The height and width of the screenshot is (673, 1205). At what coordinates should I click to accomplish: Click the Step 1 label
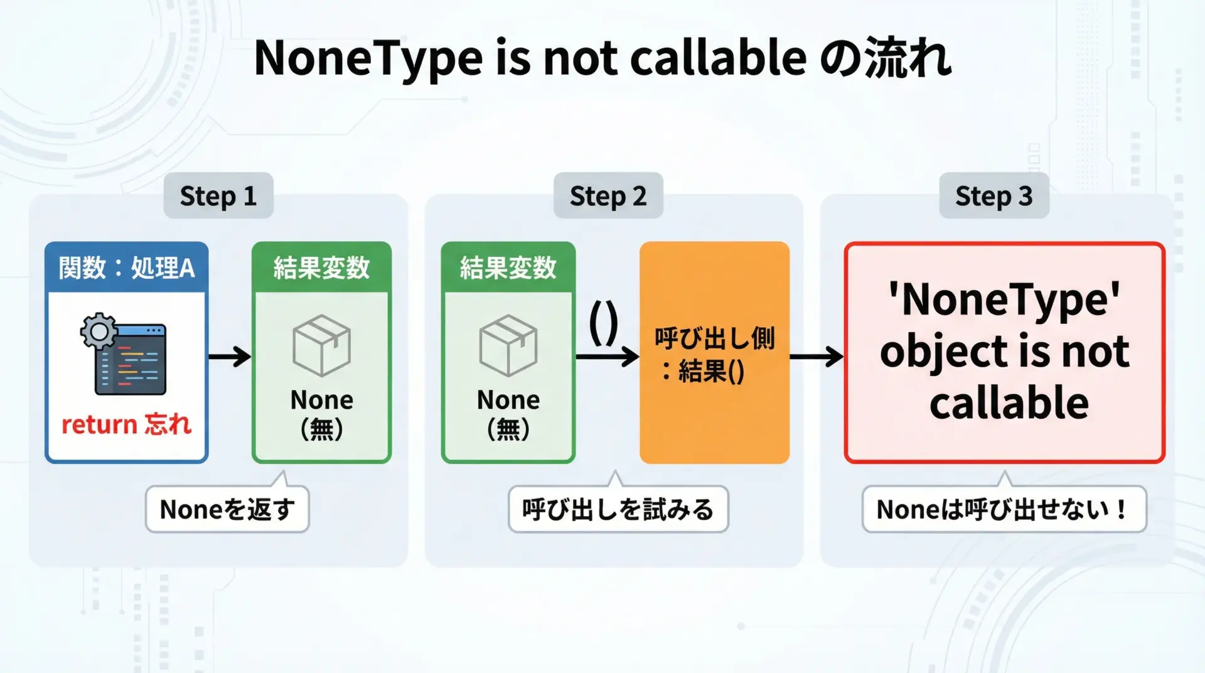218,196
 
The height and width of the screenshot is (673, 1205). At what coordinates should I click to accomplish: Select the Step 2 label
608,196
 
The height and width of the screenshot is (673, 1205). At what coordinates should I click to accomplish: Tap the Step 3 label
994,196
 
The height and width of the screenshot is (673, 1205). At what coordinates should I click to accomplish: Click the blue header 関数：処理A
127,268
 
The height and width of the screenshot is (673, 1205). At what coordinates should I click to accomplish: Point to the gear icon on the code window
99,331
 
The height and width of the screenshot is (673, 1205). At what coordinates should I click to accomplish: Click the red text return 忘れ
126,424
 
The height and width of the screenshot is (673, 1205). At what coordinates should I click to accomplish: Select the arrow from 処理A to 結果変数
230,357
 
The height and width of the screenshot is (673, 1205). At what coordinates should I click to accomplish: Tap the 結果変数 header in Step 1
322,268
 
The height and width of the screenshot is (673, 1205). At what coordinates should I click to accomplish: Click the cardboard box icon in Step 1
322,345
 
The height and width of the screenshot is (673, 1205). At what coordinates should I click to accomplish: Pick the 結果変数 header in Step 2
508,268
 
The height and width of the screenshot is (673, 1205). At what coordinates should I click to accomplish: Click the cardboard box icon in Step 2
508,345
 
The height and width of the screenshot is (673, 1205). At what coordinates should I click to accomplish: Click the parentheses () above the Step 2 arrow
604,324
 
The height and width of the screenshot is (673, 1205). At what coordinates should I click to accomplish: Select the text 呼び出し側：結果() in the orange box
714,355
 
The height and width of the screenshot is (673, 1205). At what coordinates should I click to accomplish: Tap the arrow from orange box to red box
817,357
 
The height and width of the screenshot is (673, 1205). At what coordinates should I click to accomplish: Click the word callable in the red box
1009,402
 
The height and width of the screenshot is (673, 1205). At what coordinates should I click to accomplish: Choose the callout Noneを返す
227,509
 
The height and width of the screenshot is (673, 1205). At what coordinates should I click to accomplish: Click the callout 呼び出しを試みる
618,509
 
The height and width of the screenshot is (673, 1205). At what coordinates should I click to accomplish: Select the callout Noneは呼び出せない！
1004,509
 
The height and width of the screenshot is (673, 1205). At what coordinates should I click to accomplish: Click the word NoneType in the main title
368,58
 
